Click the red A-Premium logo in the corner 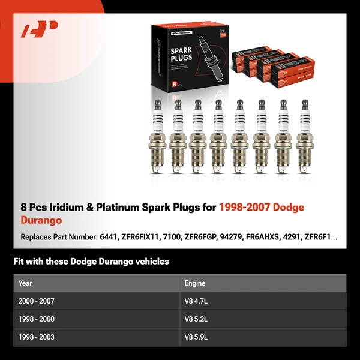point(39,29)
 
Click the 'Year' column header point(25,283)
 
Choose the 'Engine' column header point(195,283)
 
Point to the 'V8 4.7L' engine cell point(197,301)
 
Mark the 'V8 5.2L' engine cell point(197,319)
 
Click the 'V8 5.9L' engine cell point(197,337)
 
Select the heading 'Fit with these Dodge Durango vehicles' point(91,262)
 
